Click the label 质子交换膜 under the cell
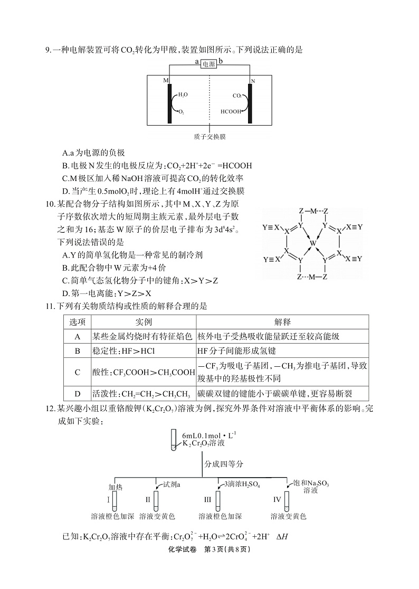(x=209, y=137)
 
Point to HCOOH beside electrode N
(x=231, y=111)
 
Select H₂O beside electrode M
(x=183, y=94)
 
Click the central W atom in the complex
(x=313, y=243)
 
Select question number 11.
(x=49, y=306)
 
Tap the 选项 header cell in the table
(x=77, y=322)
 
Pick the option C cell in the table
(x=77, y=372)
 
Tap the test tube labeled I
(x=115, y=499)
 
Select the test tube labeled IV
(x=287, y=499)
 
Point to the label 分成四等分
(x=224, y=464)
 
